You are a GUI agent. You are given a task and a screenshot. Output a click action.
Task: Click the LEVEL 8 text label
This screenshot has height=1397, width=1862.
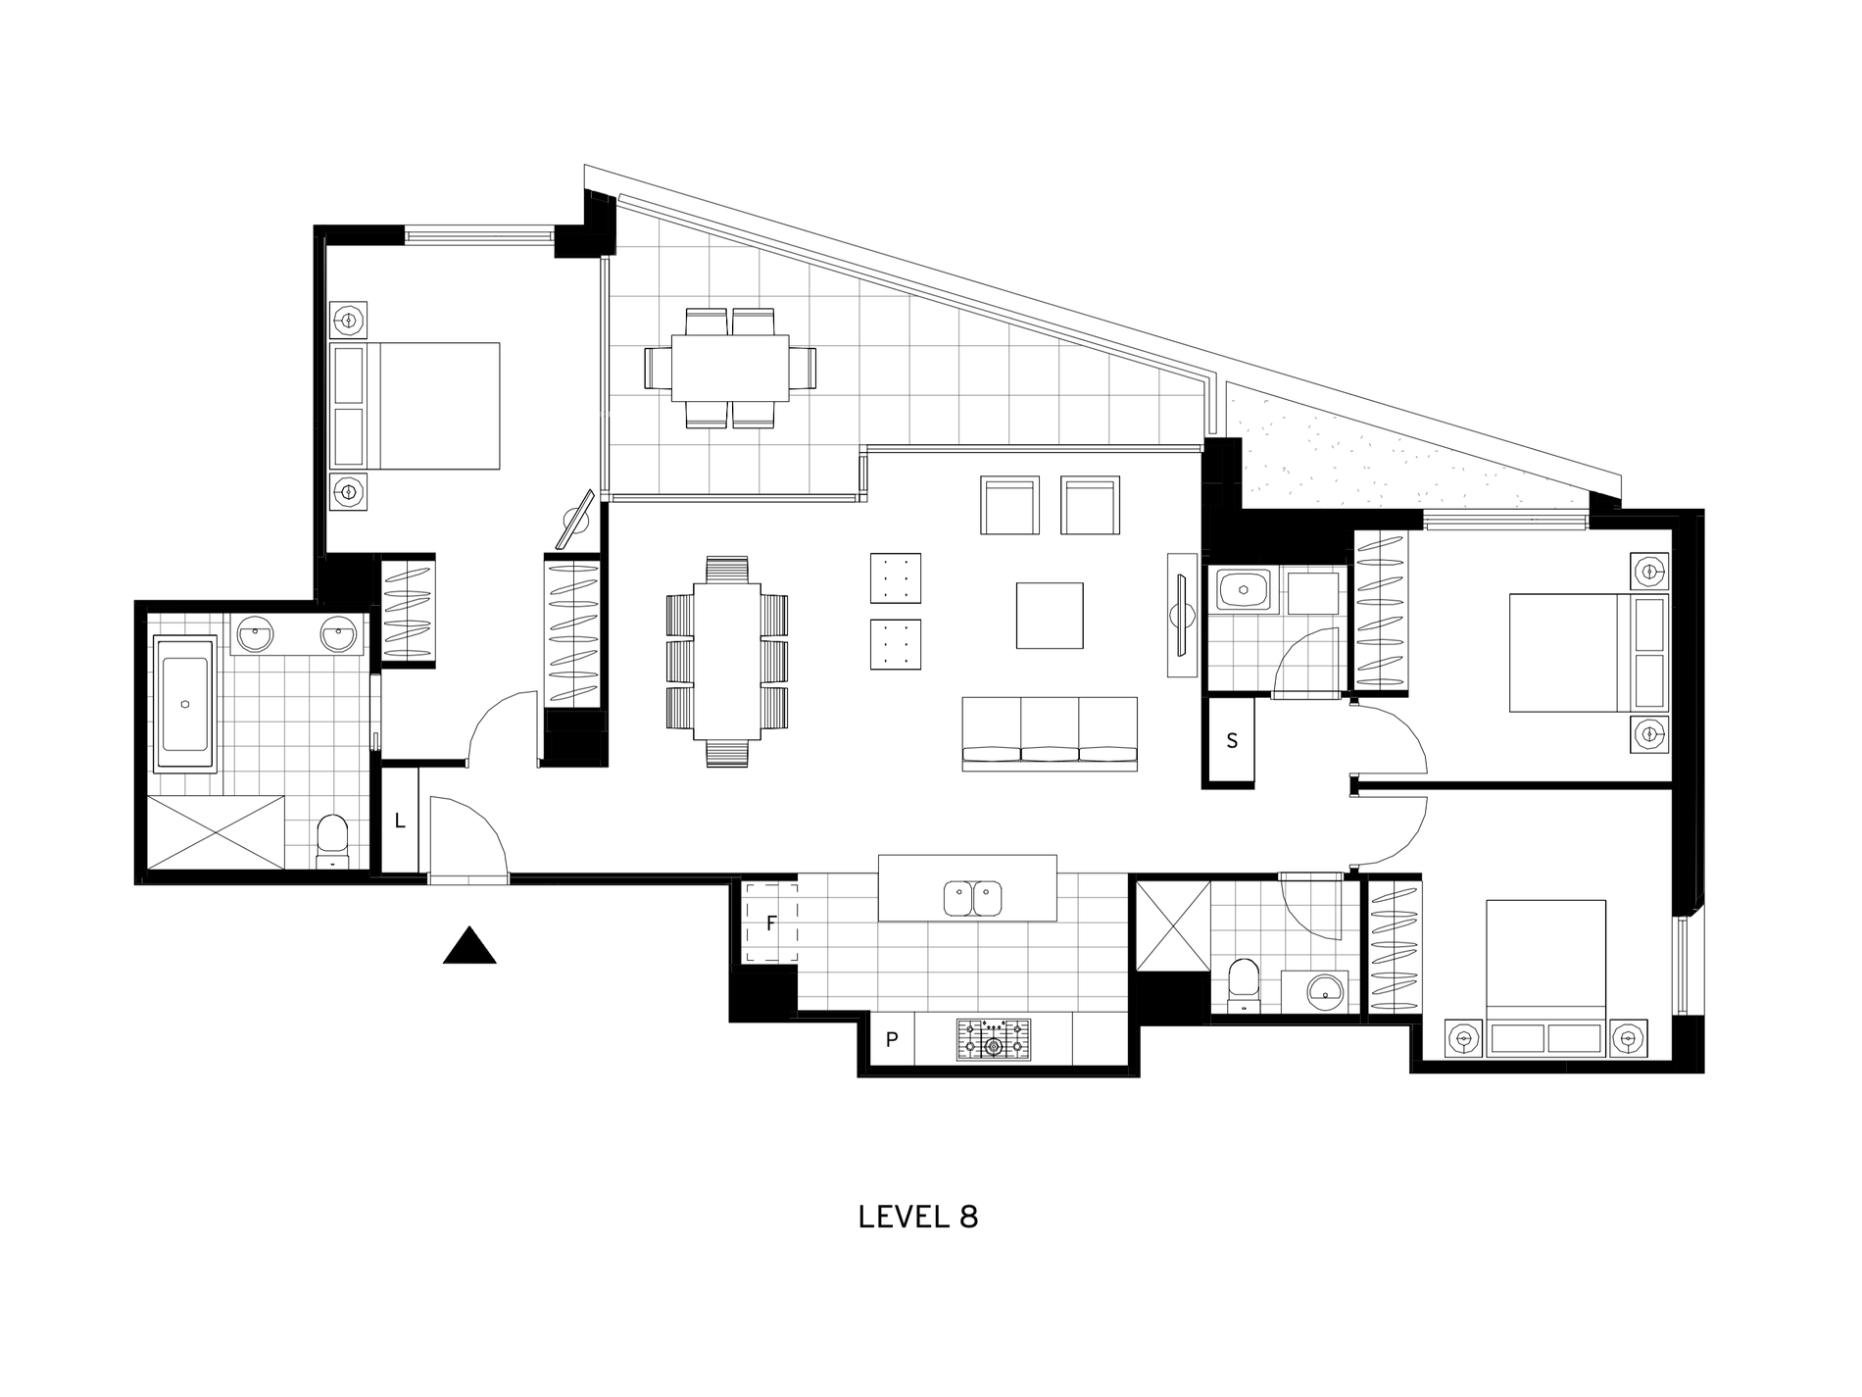point(917,1217)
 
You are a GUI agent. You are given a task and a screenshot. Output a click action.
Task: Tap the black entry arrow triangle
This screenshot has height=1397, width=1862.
point(469,948)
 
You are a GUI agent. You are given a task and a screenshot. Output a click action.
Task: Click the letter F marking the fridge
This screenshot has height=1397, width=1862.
point(771,923)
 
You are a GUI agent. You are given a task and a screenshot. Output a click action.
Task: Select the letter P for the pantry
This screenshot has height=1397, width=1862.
point(892,1040)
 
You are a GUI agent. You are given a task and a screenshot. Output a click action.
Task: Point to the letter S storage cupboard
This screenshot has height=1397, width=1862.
point(1232,741)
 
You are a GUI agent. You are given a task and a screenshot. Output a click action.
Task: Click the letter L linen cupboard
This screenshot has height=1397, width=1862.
point(400,822)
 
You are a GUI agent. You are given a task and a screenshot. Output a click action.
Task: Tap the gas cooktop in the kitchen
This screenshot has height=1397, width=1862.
point(994,1040)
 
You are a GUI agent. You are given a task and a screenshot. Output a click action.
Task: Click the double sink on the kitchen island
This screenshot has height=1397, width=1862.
point(972,898)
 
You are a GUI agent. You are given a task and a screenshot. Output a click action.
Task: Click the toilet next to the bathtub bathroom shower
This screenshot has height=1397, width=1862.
point(332,840)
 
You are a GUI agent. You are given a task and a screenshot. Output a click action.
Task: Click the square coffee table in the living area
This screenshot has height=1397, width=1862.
point(1049,616)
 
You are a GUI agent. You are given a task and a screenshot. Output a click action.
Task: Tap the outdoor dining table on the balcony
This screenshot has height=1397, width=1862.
point(729,368)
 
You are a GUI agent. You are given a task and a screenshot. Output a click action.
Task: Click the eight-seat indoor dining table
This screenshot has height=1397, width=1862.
point(726,662)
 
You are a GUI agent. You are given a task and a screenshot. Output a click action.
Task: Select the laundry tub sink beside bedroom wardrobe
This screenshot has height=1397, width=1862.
point(1244,591)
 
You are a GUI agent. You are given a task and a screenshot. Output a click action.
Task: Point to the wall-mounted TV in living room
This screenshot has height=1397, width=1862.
point(1182,615)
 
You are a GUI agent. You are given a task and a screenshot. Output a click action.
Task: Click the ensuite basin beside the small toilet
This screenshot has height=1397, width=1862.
point(1327,992)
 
